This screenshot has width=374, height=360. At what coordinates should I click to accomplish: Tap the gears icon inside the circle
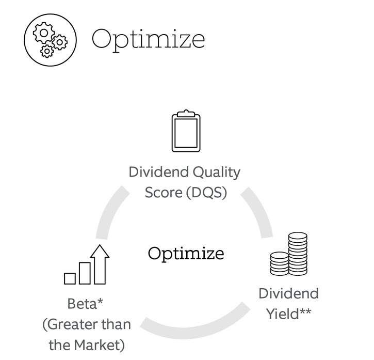(50, 40)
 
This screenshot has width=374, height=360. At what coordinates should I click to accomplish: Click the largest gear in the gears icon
(44, 33)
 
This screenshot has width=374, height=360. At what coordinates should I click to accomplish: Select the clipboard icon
(186, 131)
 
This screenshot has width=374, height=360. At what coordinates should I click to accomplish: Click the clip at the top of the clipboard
(186, 114)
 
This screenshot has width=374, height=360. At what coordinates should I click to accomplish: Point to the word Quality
(216, 173)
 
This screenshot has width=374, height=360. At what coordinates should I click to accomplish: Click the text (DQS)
(206, 193)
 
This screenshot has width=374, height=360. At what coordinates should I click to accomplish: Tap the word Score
(164, 193)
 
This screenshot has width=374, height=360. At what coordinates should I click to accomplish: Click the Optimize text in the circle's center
(186, 254)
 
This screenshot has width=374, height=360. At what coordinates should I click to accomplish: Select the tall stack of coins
(298, 254)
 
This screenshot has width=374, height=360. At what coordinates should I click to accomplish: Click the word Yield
(282, 314)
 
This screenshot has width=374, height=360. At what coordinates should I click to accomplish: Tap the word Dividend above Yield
(288, 293)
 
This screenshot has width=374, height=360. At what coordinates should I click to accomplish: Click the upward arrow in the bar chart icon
(100, 264)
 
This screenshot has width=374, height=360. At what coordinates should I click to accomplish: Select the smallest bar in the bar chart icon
(70, 278)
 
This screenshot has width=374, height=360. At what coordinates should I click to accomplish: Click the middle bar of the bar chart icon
(85, 273)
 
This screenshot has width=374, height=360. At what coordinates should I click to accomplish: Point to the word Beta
(82, 304)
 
